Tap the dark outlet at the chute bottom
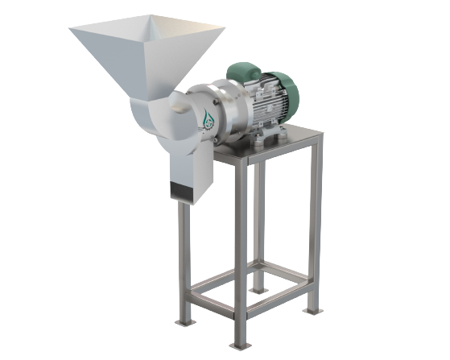[x=191, y=192]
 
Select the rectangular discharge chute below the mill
[x=192, y=165]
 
